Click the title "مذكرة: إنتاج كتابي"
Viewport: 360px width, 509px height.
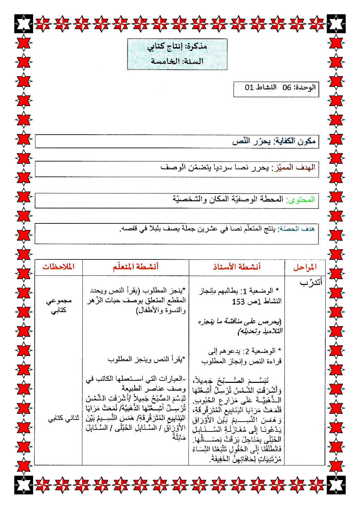coord(177,46)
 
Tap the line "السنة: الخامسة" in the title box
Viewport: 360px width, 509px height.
coord(177,61)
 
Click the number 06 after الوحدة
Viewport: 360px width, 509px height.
coord(287,87)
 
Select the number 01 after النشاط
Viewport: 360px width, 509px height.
coord(249,87)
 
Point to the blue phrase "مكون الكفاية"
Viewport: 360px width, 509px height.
coord(296,141)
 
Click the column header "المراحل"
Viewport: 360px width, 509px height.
coord(305,267)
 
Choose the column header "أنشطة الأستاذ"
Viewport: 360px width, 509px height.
coord(237,267)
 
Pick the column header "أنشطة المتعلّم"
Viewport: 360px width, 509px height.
coord(136,267)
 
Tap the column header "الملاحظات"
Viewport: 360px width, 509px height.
coord(58,267)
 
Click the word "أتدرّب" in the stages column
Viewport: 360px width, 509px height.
coord(310,283)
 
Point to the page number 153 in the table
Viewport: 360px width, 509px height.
coord(239,301)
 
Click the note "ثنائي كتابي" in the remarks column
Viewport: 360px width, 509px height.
coord(64,419)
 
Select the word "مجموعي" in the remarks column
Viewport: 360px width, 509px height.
coord(59,301)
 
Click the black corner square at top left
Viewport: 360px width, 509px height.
coord(23,23)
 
